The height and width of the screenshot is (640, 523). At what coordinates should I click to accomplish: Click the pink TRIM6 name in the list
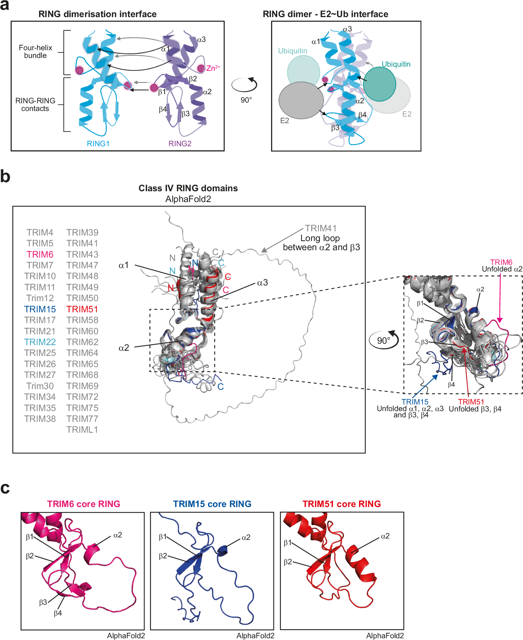click(40, 254)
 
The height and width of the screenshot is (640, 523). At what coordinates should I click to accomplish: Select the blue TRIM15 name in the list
click(40, 309)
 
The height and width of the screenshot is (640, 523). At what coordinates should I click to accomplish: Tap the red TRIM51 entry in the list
click(82, 309)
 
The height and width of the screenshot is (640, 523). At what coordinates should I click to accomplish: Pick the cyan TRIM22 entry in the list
click(40, 342)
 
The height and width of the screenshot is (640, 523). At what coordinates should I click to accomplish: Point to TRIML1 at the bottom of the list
click(82, 430)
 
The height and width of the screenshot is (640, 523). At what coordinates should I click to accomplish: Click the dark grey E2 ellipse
click(301, 101)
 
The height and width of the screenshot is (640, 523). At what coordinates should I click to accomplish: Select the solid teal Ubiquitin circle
click(380, 84)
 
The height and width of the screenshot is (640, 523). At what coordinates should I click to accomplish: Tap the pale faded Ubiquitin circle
click(303, 72)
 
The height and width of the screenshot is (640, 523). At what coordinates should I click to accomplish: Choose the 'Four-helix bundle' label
click(35, 52)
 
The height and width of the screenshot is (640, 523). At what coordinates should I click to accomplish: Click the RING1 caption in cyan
click(98, 143)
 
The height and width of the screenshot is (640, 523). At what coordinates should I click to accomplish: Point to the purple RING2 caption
click(180, 143)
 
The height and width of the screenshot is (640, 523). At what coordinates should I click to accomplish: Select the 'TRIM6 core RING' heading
click(84, 504)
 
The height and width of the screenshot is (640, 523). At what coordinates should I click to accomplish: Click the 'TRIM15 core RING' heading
click(212, 504)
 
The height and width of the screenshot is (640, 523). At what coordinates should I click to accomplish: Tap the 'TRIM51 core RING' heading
click(342, 504)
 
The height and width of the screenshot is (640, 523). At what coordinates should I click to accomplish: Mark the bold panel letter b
click(5, 176)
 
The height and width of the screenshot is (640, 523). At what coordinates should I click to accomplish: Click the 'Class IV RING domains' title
click(188, 188)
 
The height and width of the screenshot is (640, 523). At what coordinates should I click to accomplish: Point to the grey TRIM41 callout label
click(321, 228)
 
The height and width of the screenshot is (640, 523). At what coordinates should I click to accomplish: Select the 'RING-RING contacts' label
click(35, 105)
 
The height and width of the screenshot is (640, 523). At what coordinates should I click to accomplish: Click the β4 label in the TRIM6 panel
click(58, 613)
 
